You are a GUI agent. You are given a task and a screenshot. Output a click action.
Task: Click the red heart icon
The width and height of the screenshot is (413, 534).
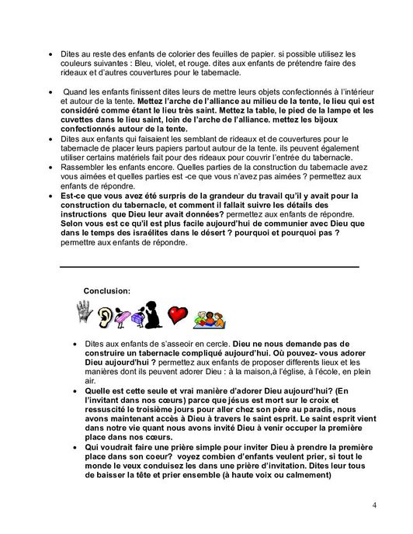179,314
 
